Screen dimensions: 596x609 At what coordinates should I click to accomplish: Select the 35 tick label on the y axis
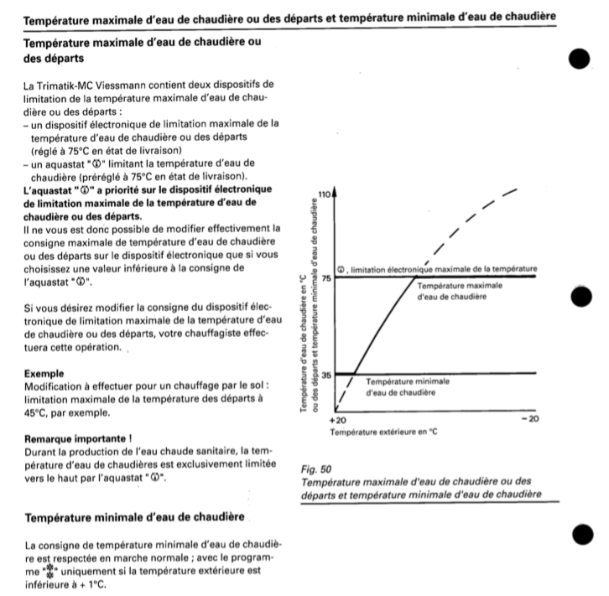click(x=326, y=375)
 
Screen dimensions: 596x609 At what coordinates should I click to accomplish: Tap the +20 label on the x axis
click(x=338, y=417)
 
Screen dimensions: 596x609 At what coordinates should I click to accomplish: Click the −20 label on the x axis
click(x=528, y=417)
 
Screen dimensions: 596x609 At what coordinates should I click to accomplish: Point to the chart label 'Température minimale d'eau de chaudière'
click(x=408, y=386)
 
